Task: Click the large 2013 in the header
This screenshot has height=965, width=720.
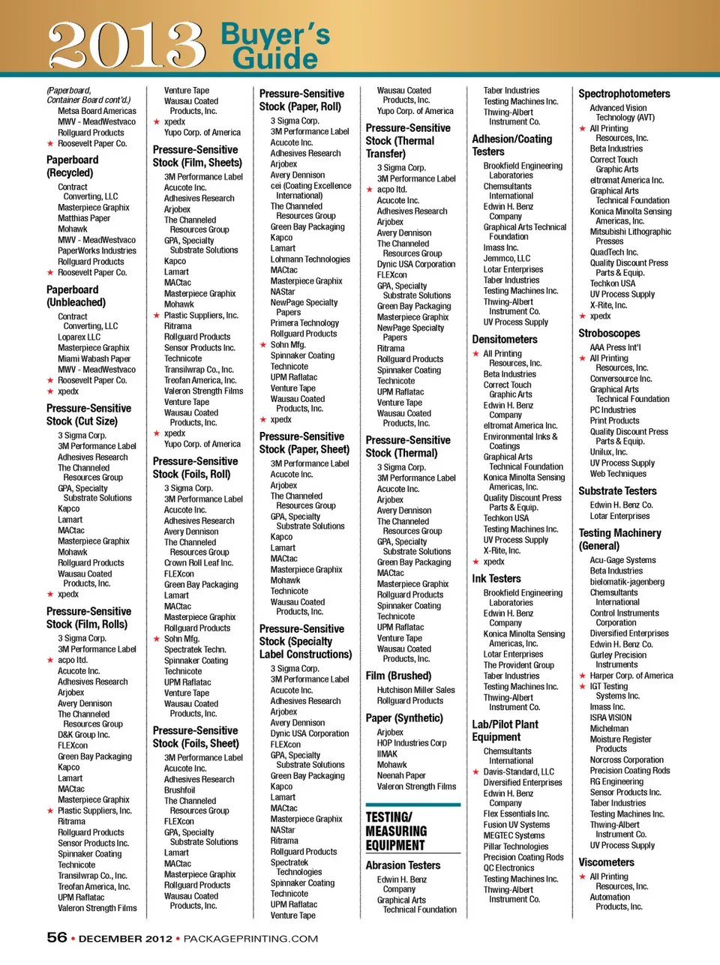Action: pos(126,45)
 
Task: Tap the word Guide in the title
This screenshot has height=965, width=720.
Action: pos(274,58)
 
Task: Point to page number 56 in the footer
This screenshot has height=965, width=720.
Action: pos(57,937)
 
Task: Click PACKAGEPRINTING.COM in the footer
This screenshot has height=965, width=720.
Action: pos(250,939)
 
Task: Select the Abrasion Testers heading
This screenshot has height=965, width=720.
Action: pos(403,865)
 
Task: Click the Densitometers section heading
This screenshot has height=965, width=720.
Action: pos(505,339)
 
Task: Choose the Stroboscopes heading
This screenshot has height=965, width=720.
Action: pos(609,333)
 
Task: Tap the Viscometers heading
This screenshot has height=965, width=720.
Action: pos(606,862)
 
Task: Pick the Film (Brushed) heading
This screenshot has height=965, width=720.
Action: pos(398,676)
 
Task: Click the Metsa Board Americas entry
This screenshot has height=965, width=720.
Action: pos(97,111)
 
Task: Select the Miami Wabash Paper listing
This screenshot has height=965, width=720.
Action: pos(94,358)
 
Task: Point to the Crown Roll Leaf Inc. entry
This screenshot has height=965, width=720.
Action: pos(199,563)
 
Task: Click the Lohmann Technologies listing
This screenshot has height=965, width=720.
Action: pos(310,259)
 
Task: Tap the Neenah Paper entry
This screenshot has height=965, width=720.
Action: pos(401,776)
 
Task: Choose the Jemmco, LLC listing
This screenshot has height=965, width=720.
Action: pos(507,259)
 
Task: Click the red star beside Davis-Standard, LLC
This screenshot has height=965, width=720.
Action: pos(475,772)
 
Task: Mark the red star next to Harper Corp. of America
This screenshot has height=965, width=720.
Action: pos(583,676)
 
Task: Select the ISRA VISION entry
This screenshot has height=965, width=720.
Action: pos(610,718)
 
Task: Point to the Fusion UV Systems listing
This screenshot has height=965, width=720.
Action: pos(517,825)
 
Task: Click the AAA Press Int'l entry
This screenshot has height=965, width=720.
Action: pos(616,348)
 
